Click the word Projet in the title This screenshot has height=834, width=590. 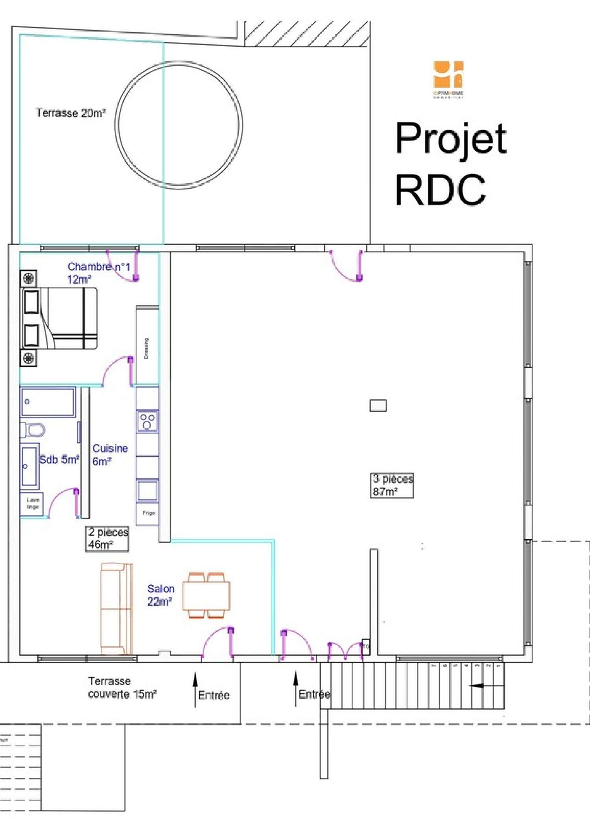(451, 139)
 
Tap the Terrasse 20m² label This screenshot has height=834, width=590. (71, 113)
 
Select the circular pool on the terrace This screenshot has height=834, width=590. (178, 125)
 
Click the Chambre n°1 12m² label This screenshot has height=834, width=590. (98, 273)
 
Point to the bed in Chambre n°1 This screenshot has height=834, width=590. (59, 318)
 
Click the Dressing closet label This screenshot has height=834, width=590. (146, 348)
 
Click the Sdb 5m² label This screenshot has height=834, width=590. (59, 459)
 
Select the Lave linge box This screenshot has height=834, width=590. (32, 504)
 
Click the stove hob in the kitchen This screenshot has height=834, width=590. (147, 421)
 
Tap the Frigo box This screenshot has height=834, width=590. (148, 513)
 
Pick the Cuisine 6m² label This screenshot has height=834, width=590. (110, 454)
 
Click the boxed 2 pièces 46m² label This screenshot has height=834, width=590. (107, 539)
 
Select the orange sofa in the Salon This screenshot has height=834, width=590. (116, 608)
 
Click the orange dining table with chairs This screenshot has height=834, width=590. (206, 596)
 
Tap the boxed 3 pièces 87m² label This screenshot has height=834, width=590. (392, 485)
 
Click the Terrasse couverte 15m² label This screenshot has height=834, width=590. (122, 687)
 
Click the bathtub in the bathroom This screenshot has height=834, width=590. (48, 402)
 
